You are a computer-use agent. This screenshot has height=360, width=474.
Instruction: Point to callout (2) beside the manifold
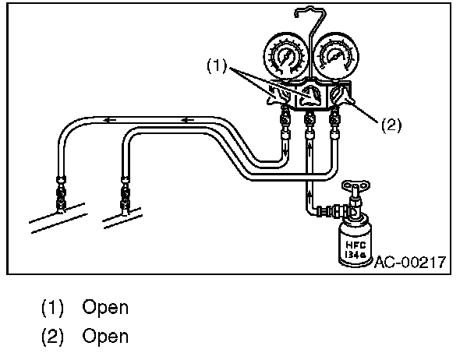(x=391, y=125)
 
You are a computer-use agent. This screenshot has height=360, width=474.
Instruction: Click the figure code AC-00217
(x=409, y=262)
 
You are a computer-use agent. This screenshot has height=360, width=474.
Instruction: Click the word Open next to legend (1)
(x=105, y=307)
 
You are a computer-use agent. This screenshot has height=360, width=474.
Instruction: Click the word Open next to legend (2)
(x=105, y=337)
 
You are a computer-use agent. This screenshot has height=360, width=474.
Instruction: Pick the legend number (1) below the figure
(x=52, y=307)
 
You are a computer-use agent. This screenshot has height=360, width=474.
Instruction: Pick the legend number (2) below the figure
(x=52, y=337)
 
